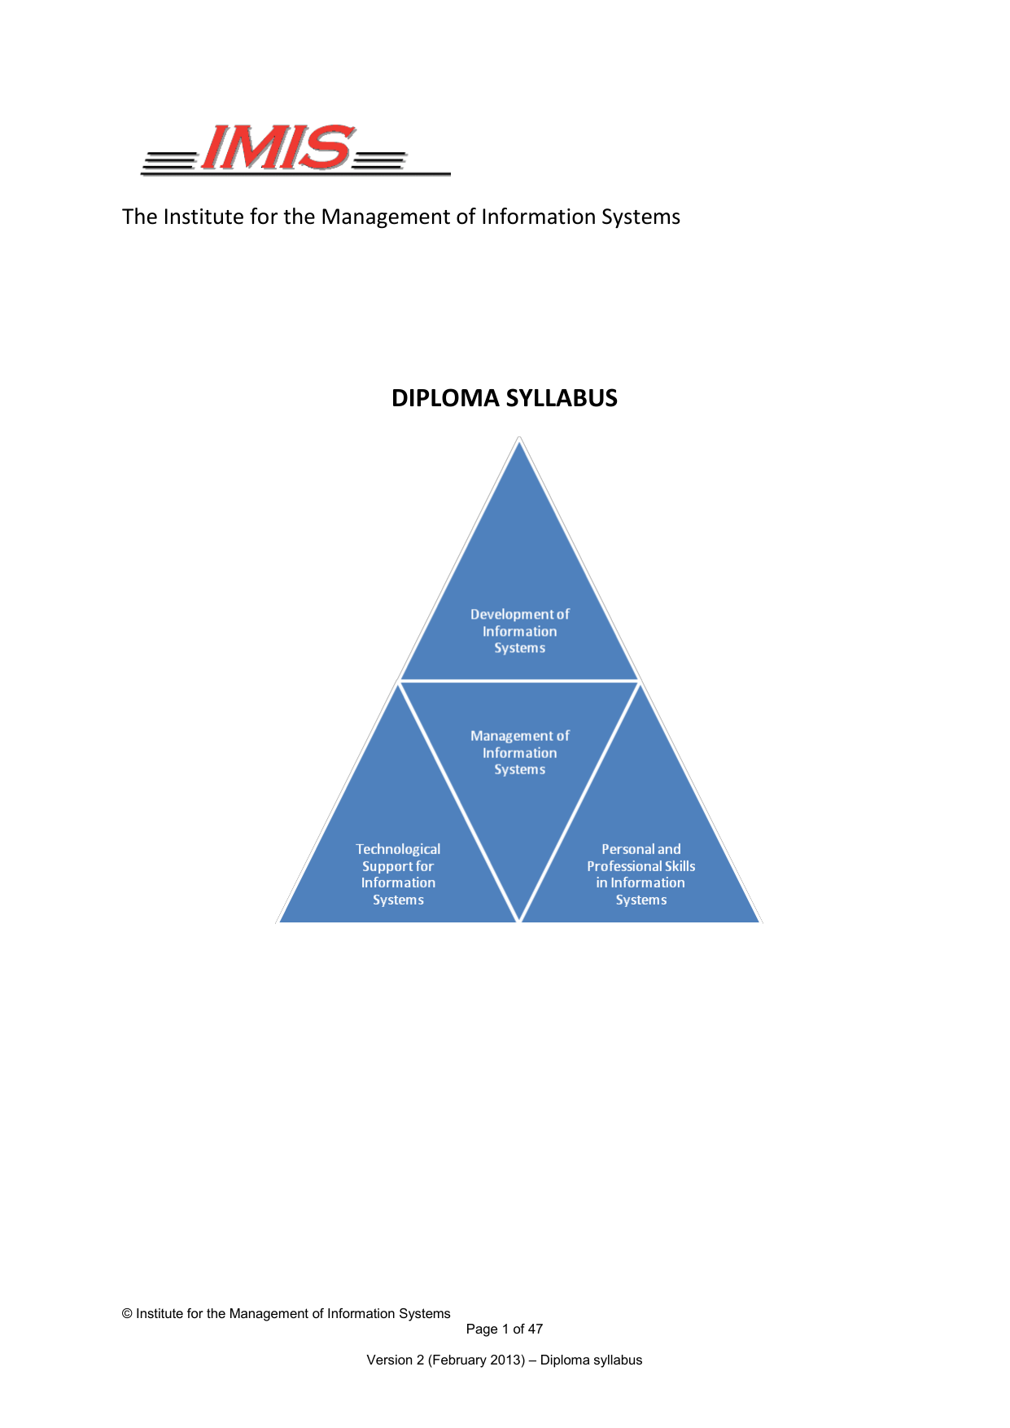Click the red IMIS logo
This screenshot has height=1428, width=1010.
click(x=277, y=148)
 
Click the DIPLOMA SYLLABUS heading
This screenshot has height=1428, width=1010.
click(x=504, y=398)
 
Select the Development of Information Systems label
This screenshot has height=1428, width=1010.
click(x=519, y=631)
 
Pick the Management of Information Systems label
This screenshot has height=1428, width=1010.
click(x=519, y=752)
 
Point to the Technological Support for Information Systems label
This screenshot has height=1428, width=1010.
click(x=398, y=874)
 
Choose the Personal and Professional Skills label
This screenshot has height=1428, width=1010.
click(x=641, y=874)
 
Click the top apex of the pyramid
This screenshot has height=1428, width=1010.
click(x=519, y=440)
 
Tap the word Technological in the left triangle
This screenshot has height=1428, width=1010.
click(x=398, y=849)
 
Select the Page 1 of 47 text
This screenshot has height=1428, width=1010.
click(x=504, y=1329)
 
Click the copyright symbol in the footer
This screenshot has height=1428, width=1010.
click(x=127, y=1313)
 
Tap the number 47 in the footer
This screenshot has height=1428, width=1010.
click(x=535, y=1329)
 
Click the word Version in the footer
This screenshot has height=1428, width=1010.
click(x=390, y=1360)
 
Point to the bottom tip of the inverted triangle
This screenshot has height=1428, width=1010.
click(x=519, y=920)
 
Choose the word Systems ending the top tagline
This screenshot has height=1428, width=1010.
click(x=641, y=217)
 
